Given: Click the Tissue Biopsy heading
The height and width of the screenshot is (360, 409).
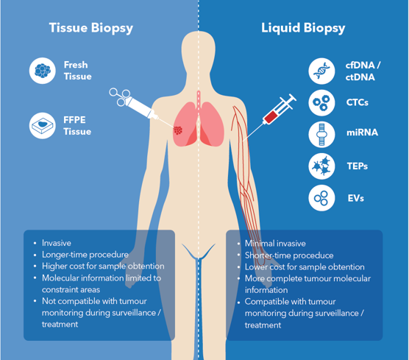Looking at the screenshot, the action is (x=91, y=28).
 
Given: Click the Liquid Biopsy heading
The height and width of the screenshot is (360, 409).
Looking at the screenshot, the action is (x=303, y=28).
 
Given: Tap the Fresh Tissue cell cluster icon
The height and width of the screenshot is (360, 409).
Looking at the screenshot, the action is (x=42, y=71).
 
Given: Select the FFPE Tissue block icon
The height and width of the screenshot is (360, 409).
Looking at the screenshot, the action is (x=42, y=126).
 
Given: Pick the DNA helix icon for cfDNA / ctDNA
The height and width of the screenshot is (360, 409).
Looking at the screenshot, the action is (x=321, y=71).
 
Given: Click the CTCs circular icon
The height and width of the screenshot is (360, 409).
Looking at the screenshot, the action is (x=321, y=102).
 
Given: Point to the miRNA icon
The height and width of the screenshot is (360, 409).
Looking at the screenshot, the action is (x=321, y=135).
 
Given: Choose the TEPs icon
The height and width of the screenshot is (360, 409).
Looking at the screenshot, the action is (x=321, y=166).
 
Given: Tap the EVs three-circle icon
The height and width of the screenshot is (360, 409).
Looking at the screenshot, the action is (x=321, y=198).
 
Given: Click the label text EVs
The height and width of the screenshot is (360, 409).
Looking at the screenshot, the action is (x=356, y=198).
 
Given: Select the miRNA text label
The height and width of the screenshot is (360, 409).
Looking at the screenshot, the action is (x=363, y=133).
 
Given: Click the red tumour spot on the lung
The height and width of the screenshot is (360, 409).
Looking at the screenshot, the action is (x=178, y=130).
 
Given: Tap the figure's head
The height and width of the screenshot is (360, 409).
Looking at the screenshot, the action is (x=198, y=52).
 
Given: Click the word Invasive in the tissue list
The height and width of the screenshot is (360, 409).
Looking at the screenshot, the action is (x=57, y=243).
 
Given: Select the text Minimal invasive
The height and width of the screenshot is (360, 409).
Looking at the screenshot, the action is (x=275, y=244).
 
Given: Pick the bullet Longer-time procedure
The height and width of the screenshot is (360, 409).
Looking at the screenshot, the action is (x=85, y=255).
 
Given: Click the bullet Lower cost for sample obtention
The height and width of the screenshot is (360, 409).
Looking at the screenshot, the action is (x=305, y=267).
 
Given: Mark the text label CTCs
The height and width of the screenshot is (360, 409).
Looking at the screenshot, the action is (x=357, y=102).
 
